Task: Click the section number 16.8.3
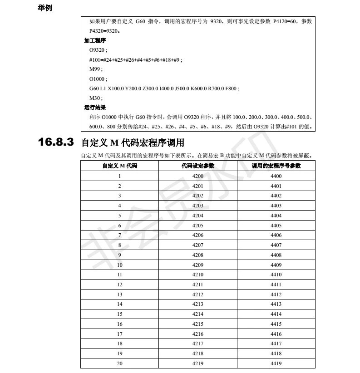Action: coord(55,142)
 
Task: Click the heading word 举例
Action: coord(44,8)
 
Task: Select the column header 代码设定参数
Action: coord(197,166)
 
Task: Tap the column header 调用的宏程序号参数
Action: coord(276,166)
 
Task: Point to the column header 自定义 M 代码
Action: coord(119,166)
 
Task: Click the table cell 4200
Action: coord(197,176)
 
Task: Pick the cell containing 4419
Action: coord(276,363)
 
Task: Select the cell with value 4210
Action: coord(197,275)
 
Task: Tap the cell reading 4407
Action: coord(276,245)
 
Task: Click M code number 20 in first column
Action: coord(119,363)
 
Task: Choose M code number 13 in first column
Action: coord(119,294)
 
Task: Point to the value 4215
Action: coord(197,324)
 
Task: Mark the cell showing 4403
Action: coord(276,206)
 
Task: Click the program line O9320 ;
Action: coord(98,50)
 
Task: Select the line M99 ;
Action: coord(96,69)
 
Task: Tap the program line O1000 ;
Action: coord(98,79)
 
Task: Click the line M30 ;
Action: coord(96,98)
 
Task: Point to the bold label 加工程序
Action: coord(95,41)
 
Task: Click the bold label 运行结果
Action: coord(95,108)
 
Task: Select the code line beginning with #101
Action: coord(136,60)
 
